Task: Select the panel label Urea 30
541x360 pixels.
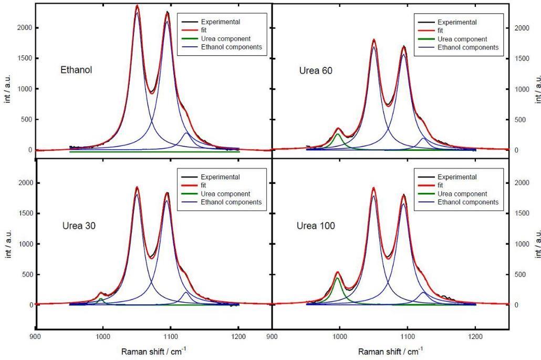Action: click(x=77, y=226)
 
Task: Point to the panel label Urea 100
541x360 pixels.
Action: click(x=314, y=226)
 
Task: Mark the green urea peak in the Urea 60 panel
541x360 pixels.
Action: click(x=338, y=135)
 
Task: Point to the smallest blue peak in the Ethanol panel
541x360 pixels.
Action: click(x=186, y=134)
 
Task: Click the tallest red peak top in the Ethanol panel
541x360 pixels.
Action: click(x=137, y=6)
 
